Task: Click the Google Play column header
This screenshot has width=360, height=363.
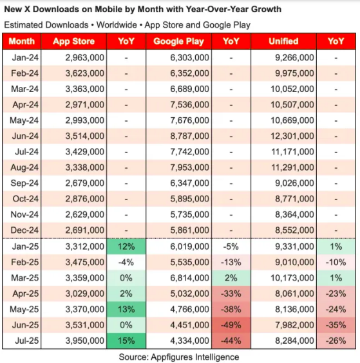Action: (178, 41)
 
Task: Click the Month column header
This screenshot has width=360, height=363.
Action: (23, 41)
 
